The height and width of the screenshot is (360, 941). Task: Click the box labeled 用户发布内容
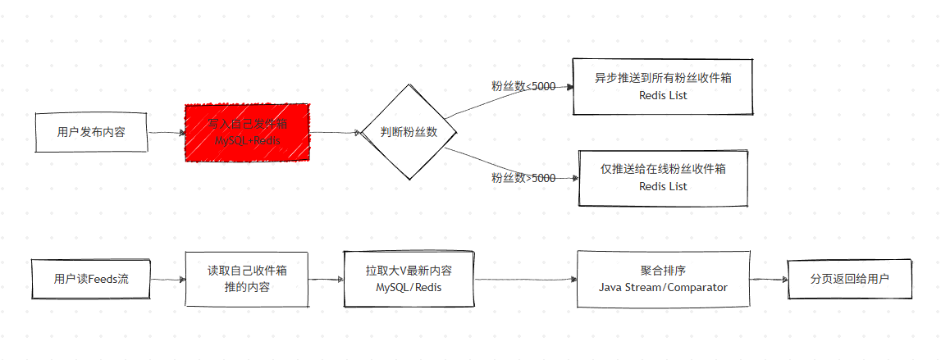coord(91,132)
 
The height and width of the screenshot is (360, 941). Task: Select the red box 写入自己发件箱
coord(247,132)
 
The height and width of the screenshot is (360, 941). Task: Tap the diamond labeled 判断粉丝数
coord(409,132)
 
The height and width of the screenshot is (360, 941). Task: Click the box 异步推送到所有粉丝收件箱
coord(663,86)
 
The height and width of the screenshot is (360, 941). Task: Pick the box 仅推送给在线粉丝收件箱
coord(663,177)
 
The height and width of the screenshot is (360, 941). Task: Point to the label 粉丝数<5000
coord(523,86)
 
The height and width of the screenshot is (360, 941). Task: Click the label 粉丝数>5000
coord(523,178)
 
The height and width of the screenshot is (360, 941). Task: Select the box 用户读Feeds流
coord(91,279)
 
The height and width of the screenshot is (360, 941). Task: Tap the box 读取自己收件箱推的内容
coord(247,279)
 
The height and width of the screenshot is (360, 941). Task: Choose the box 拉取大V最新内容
coord(409,279)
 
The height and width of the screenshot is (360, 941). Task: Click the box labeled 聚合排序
coord(663,279)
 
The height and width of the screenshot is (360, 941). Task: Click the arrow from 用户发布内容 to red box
coord(167,132)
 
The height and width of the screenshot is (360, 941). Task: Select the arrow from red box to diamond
coord(335,132)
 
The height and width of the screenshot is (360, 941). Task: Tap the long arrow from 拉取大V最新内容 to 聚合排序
coord(525,280)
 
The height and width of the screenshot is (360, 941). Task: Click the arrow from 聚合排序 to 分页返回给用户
coord(769,280)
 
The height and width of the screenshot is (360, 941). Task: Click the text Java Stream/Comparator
coord(663,287)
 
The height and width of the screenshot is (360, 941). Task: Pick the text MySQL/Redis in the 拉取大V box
coord(409,288)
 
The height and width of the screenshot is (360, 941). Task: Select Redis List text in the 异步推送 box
coord(663,95)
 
